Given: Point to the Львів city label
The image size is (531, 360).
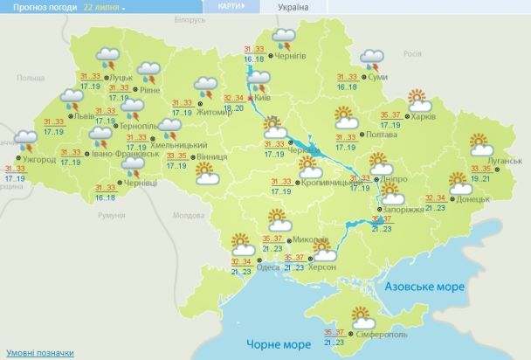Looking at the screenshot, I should pos(85,115).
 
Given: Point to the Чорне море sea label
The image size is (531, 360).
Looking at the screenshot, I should pos(275,344).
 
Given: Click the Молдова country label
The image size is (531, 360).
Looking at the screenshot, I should pos(188,214).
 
